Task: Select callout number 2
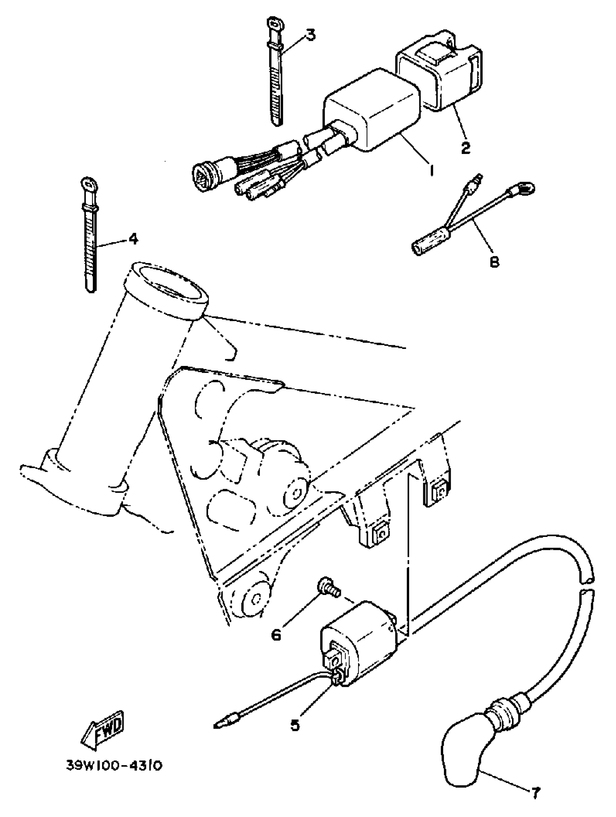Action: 466,147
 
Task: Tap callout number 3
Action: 310,35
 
